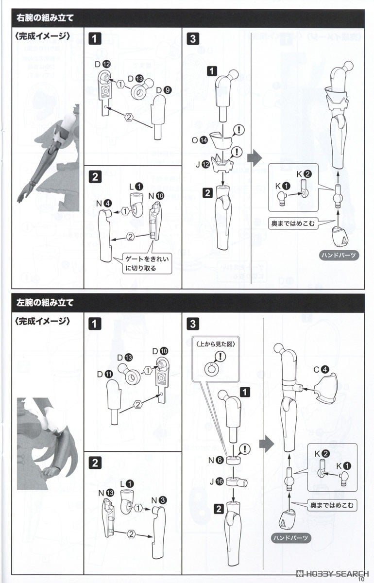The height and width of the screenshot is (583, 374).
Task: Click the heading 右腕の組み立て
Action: click(x=45, y=18)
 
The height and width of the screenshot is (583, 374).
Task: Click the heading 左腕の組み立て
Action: click(x=45, y=302)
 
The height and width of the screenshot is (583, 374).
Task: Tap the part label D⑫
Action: click(x=103, y=65)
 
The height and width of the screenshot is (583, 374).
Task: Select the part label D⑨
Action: click(x=164, y=90)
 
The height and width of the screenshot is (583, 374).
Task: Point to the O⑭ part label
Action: click(x=200, y=140)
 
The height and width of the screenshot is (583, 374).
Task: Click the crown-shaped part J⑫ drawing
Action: click(x=222, y=163)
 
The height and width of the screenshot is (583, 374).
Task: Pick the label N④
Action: click(x=104, y=203)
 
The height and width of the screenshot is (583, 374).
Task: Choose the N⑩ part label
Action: click(x=156, y=195)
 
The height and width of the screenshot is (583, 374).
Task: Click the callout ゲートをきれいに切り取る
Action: click(x=147, y=263)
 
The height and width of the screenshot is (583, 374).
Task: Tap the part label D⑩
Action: click(x=160, y=351)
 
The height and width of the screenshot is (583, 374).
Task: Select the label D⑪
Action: click(x=105, y=374)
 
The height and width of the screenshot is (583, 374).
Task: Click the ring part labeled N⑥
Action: click(x=233, y=460)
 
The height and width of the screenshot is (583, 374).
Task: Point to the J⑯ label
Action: click(x=217, y=481)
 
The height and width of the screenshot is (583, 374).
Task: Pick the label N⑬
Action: click(x=106, y=493)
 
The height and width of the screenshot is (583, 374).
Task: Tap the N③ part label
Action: click(x=159, y=500)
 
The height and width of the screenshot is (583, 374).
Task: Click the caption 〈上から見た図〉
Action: click(x=216, y=344)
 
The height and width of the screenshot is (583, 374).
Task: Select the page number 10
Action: click(x=361, y=579)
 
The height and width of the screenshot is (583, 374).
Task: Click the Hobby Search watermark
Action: click(x=333, y=573)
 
